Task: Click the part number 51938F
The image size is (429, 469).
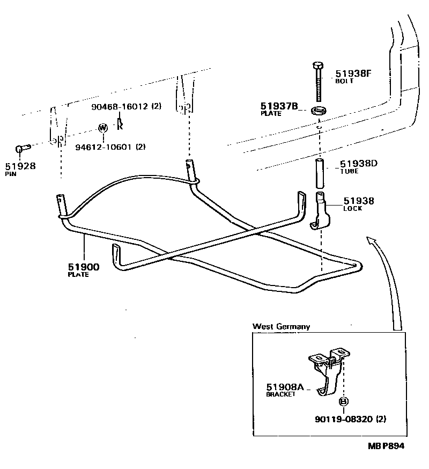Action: coord(353,74)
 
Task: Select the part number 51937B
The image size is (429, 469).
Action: coord(279,106)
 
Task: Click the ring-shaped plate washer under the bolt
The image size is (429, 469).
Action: coord(320,111)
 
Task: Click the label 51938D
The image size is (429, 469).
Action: coord(359,164)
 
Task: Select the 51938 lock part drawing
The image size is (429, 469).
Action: coord(322,212)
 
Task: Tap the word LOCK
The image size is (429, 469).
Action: coord(352,209)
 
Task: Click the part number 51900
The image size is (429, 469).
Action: coord(83,267)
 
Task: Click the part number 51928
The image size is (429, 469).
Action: coord(20,166)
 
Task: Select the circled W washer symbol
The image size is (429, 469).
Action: coord(103,128)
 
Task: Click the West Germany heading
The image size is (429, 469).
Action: coord(281,326)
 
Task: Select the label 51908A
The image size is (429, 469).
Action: coord(285,386)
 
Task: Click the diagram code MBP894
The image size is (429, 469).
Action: coord(386,446)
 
